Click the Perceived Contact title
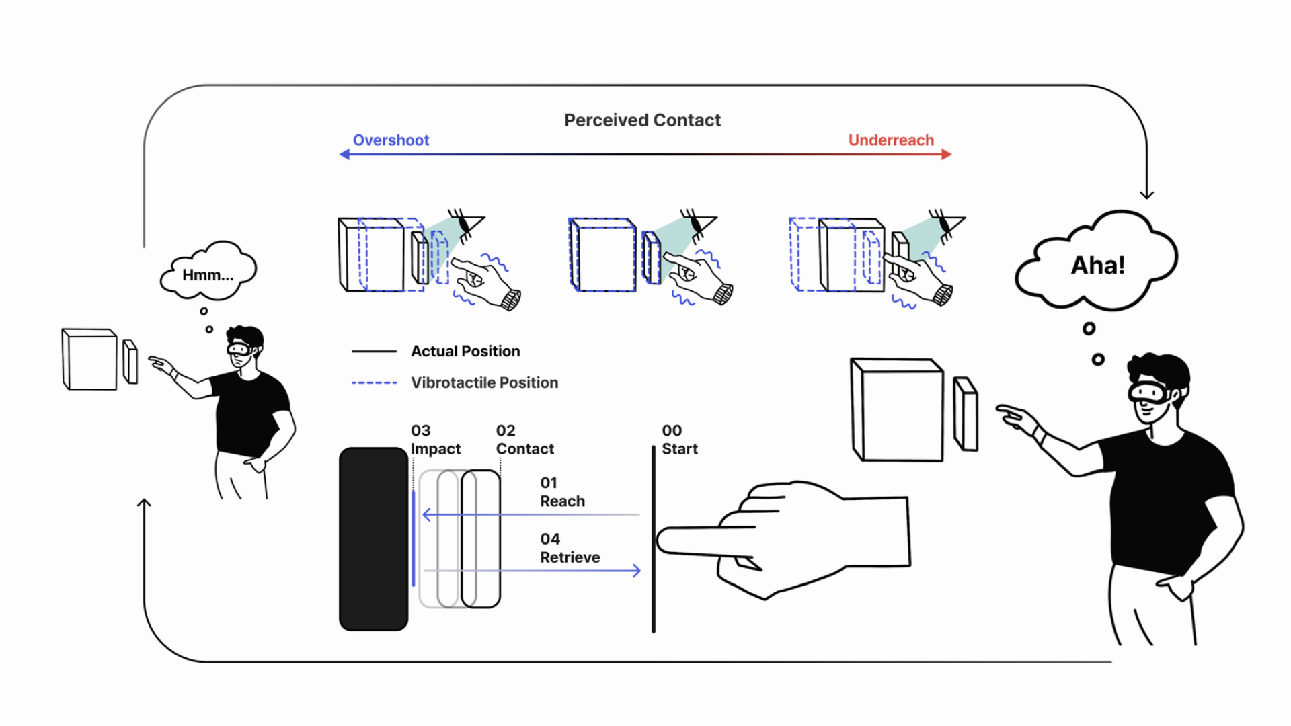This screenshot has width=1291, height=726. (x=642, y=120)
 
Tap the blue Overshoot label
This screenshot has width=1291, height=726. (x=391, y=140)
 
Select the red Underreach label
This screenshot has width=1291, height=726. (x=891, y=140)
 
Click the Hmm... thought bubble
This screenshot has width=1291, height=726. (x=208, y=270)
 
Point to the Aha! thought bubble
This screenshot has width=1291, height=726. (x=1097, y=262)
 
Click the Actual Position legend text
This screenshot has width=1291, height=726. (x=465, y=351)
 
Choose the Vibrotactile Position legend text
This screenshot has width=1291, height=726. (x=484, y=382)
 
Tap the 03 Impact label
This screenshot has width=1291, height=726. (x=436, y=440)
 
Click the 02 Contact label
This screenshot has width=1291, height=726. (x=525, y=440)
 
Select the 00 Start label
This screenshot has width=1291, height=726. (x=680, y=440)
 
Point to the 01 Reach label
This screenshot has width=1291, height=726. (x=562, y=492)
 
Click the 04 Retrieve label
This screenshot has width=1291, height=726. (x=570, y=548)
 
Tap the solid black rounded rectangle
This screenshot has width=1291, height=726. (x=374, y=539)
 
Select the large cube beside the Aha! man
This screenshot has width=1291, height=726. (x=897, y=409)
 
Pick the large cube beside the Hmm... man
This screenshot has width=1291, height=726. (x=89, y=359)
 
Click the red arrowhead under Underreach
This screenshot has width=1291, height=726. (x=947, y=154)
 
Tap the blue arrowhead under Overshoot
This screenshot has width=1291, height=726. (x=345, y=154)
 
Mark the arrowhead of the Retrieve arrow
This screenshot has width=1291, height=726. (x=637, y=571)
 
